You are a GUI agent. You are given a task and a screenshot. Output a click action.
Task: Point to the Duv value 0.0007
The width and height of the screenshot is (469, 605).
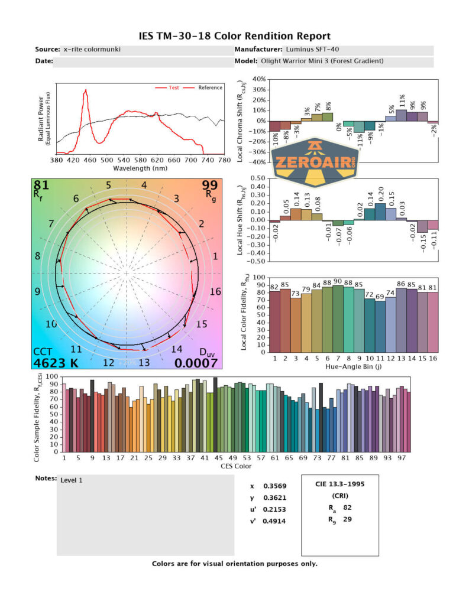click(198, 362)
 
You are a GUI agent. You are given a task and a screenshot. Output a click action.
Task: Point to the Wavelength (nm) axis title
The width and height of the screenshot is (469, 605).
click(140, 168)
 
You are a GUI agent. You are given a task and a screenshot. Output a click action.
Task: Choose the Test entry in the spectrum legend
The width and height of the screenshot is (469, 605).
click(174, 87)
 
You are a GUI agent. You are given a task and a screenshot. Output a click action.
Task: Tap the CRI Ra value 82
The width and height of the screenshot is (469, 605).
click(348, 507)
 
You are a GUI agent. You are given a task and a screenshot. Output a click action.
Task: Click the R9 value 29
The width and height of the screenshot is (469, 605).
click(348, 519)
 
